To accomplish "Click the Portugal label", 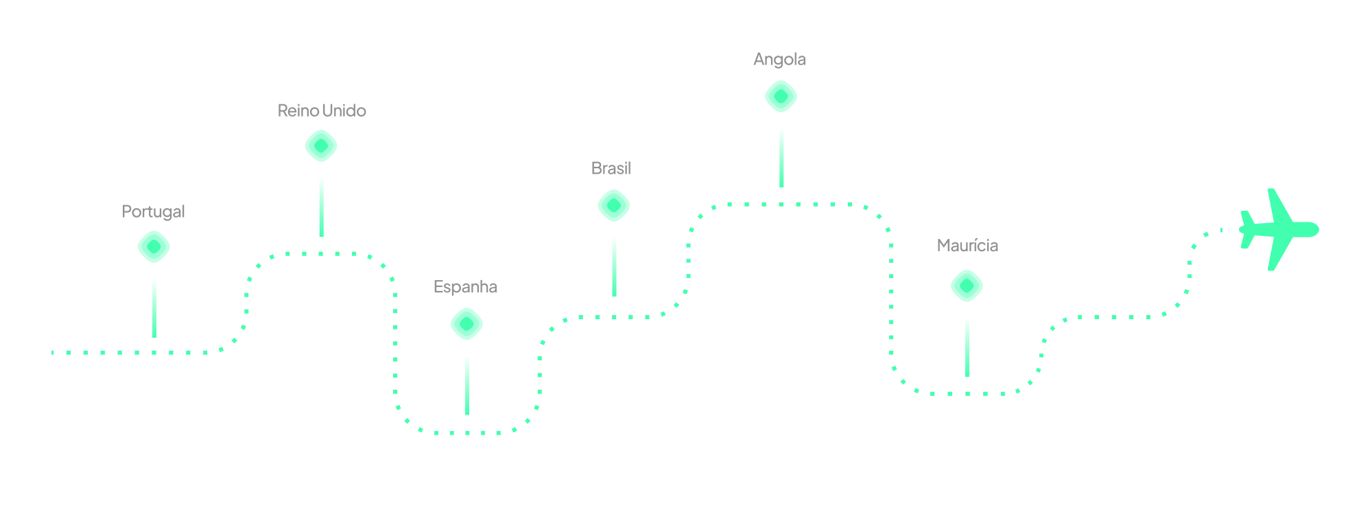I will [153, 211].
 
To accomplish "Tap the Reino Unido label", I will [321, 111].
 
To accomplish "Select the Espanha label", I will [465, 286].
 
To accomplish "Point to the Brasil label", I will [611, 168].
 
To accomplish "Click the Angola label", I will [779, 59].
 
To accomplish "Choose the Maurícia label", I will [967, 245].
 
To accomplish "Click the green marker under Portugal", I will [154, 247].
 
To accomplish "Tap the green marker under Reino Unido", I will [321, 146].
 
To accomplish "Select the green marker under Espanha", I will [466, 324].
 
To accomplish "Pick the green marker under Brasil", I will [614, 206].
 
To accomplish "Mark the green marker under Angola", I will [781, 96].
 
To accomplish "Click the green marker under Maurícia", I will [967, 286].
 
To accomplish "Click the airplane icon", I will [1277, 230].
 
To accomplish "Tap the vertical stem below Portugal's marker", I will [154, 308].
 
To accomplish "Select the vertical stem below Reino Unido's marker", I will [321, 207].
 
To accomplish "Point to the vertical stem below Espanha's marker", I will [467, 385].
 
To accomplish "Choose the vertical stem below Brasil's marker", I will [614, 266].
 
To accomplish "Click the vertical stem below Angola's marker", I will [781, 157].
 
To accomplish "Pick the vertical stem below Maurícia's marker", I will [967, 347].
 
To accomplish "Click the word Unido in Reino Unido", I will [344, 111].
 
